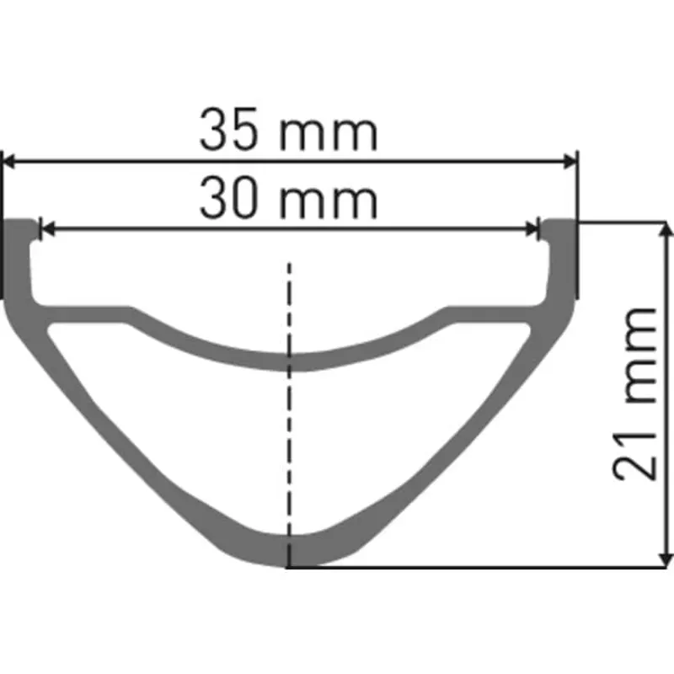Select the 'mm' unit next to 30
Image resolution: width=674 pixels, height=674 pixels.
(x=329, y=203)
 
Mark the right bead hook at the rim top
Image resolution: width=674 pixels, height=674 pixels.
(x=559, y=232)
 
